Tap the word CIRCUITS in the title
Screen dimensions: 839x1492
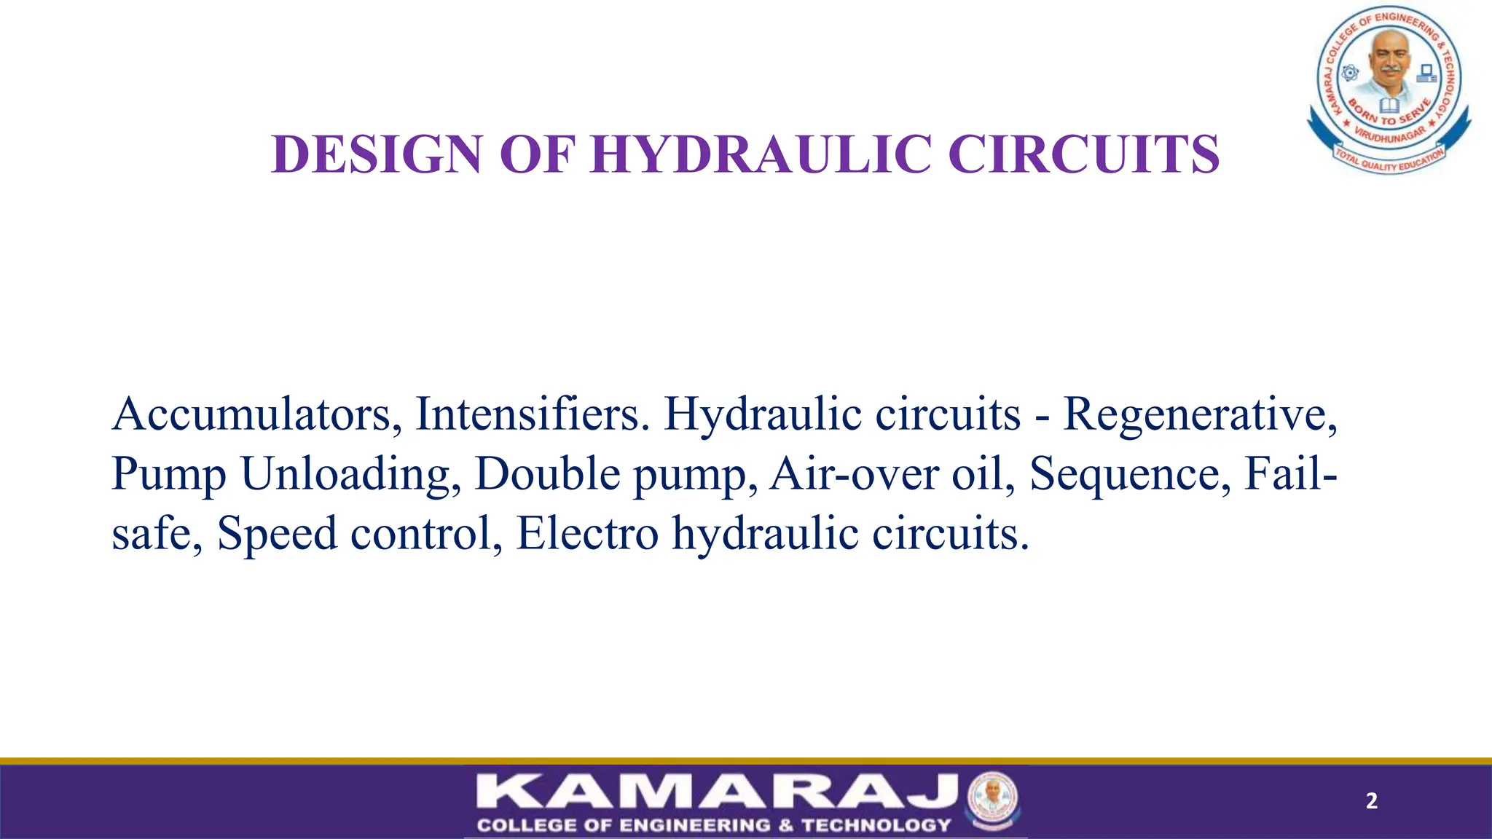point(1083,154)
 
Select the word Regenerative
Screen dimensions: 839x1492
point(1200,414)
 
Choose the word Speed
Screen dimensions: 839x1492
point(277,534)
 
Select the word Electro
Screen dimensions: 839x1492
point(587,534)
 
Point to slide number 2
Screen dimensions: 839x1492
point(1371,801)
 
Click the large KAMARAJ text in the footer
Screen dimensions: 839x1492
point(717,792)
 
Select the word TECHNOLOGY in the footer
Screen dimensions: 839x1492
point(876,825)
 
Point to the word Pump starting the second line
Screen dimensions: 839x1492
point(169,474)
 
